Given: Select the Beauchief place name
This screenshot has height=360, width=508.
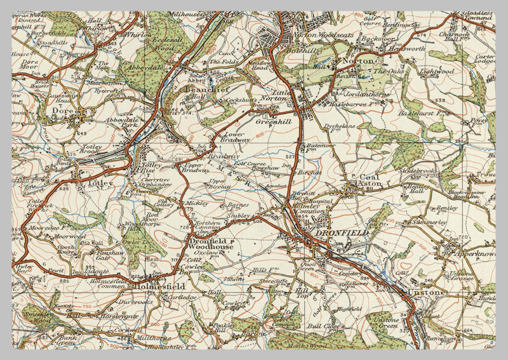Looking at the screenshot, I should [x=202, y=91].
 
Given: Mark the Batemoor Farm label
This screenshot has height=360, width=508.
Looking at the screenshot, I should [x=319, y=149].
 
